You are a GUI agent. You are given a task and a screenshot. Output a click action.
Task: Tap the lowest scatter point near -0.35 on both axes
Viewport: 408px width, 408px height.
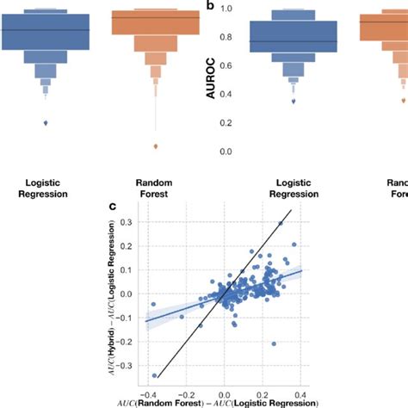coord(155,375)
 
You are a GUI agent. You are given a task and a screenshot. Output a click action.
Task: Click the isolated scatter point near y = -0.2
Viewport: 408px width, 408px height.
coord(274,343)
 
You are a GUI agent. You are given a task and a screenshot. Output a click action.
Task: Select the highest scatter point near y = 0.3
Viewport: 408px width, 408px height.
coord(281,223)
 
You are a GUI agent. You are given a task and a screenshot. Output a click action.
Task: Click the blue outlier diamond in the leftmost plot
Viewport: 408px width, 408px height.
coord(46,123)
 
